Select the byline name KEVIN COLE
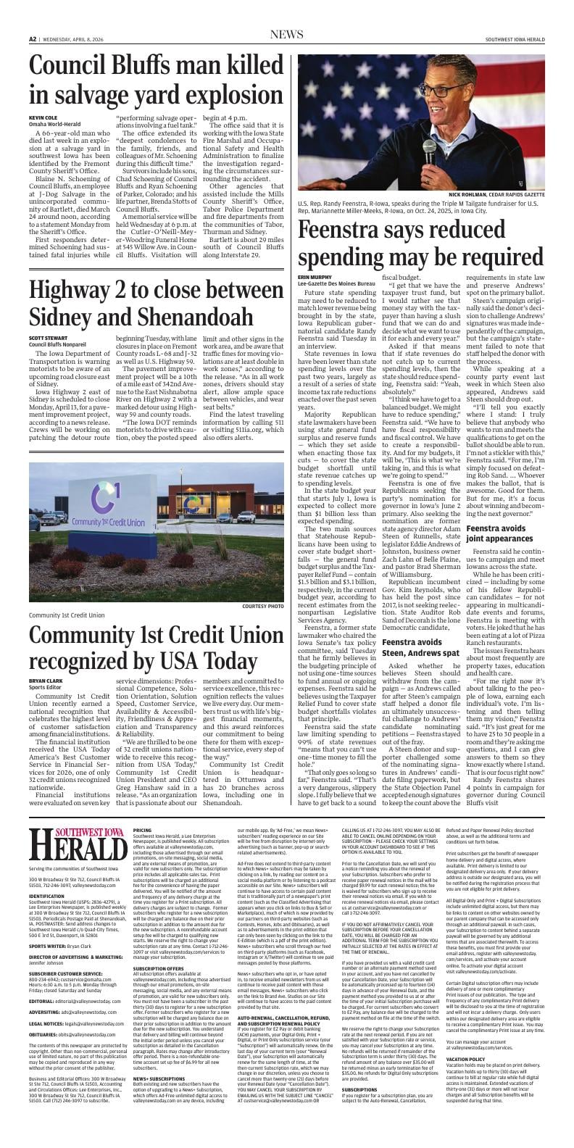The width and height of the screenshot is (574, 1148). pos(42,117)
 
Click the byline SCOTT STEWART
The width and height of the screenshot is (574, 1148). pos(48,338)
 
